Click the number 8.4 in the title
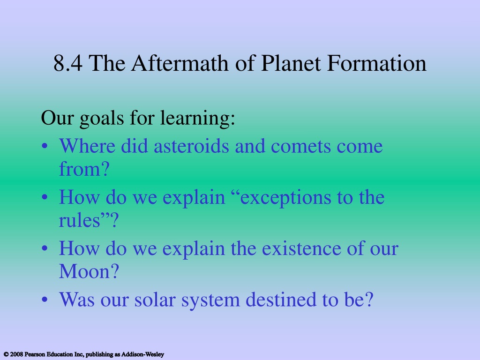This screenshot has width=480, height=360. (x=68, y=63)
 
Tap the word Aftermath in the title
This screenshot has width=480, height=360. (x=180, y=63)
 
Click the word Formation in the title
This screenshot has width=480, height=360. (x=376, y=63)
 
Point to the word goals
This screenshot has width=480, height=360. (x=101, y=119)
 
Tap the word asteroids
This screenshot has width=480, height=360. (x=191, y=146)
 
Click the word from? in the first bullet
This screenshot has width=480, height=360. (x=84, y=169)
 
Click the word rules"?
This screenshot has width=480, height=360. (x=89, y=220)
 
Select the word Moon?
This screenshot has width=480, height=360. (x=89, y=271)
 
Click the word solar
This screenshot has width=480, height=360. (x=155, y=300)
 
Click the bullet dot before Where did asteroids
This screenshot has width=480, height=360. (x=45, y=146)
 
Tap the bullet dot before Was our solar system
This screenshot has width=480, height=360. (x=45, y=300)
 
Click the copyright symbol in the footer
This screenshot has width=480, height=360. (x=6, y=354)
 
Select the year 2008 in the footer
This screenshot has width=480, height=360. (x=16, y=354)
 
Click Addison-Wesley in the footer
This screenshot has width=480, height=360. (x=142, y=354)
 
